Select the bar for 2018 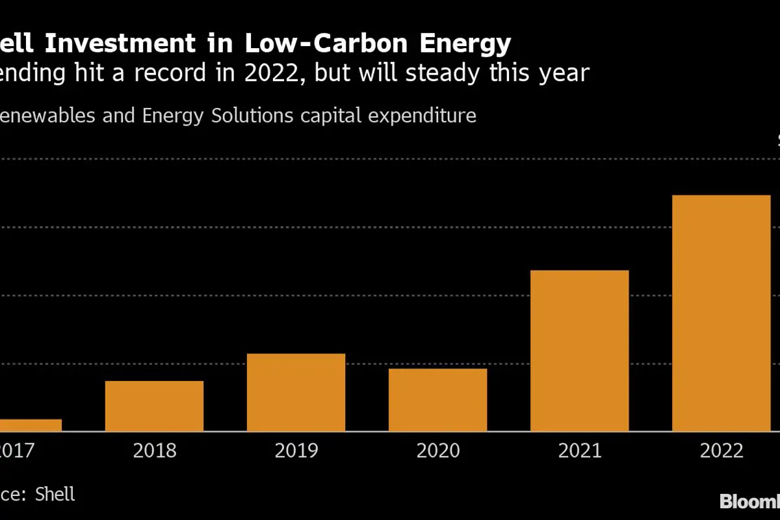pos(154,406)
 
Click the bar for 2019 pos(296,392)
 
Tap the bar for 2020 pos(437,400)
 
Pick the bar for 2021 pos(579,350)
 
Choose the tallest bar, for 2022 pos(721,313)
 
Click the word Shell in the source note pos(55,494)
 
